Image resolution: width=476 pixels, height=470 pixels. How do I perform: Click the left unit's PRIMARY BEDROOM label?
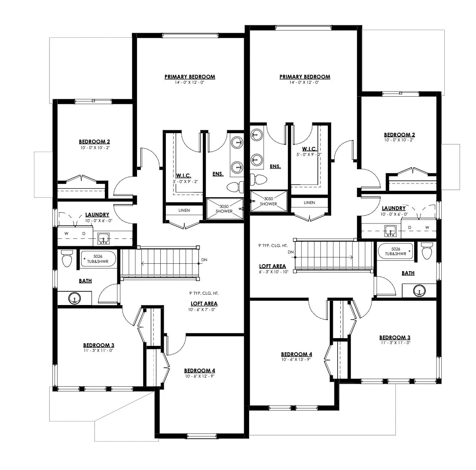189,77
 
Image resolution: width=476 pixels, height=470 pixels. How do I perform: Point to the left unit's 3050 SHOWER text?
224,208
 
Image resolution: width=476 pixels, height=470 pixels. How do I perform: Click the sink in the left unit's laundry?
103,237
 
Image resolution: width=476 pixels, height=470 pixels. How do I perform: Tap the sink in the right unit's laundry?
390,230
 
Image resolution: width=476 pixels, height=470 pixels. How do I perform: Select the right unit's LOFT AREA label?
272,266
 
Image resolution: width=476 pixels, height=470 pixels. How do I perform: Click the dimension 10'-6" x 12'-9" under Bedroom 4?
199,376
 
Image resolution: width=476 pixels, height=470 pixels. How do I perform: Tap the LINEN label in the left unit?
183,210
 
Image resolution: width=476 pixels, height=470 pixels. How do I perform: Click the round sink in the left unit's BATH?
75,298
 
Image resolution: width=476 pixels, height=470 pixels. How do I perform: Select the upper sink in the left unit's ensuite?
236,141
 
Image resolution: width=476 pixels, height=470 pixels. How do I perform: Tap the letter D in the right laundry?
409,227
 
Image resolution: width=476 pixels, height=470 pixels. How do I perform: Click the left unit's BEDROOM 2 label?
95,142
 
